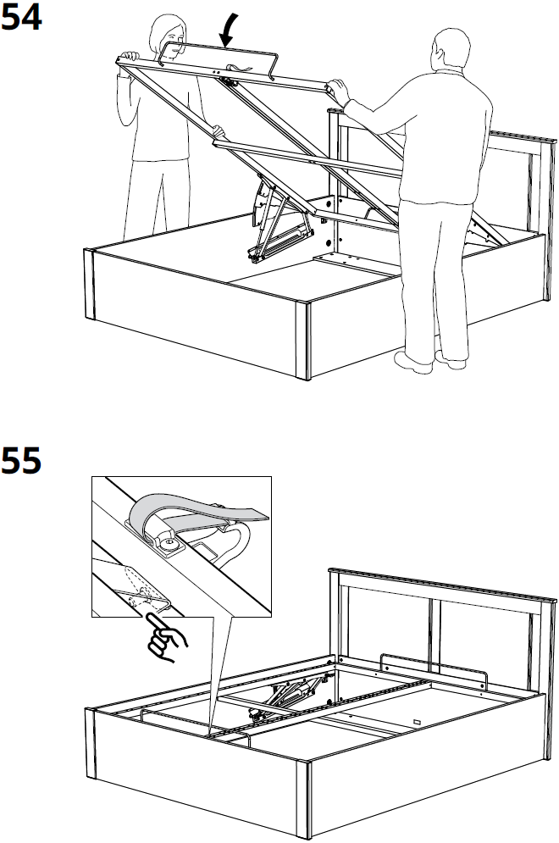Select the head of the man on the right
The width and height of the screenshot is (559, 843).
(x=449, y=54)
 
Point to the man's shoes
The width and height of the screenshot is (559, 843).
(x=432, y=362)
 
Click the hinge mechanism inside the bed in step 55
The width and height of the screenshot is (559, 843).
(x=284, y=695)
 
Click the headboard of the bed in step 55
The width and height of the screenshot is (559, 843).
(x=440, y=610)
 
